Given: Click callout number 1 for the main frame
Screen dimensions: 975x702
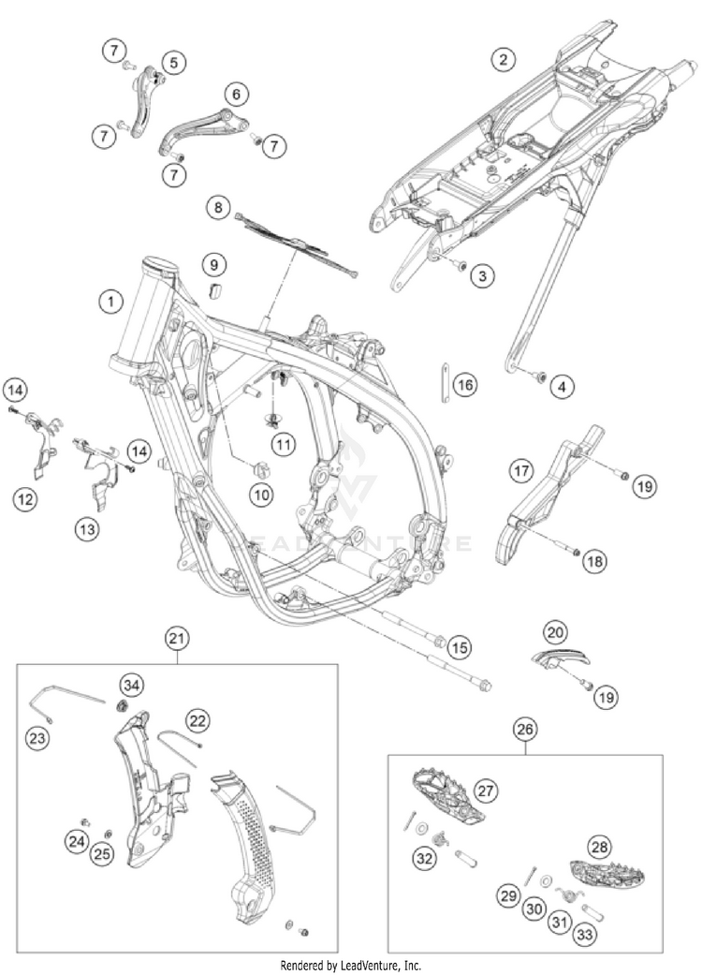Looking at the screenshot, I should coord(111,302).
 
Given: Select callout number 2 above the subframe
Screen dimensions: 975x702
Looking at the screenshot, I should coord(504,60).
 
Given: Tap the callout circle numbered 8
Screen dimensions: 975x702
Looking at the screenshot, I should coord(218,208).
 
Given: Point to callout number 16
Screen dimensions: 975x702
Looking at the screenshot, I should coord(464,384).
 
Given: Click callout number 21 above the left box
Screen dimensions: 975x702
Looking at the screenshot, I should coord(176,639).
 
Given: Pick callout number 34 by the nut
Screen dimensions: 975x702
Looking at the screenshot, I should coord(132,687).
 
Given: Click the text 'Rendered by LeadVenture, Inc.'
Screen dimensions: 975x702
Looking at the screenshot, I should coord(351,965).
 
